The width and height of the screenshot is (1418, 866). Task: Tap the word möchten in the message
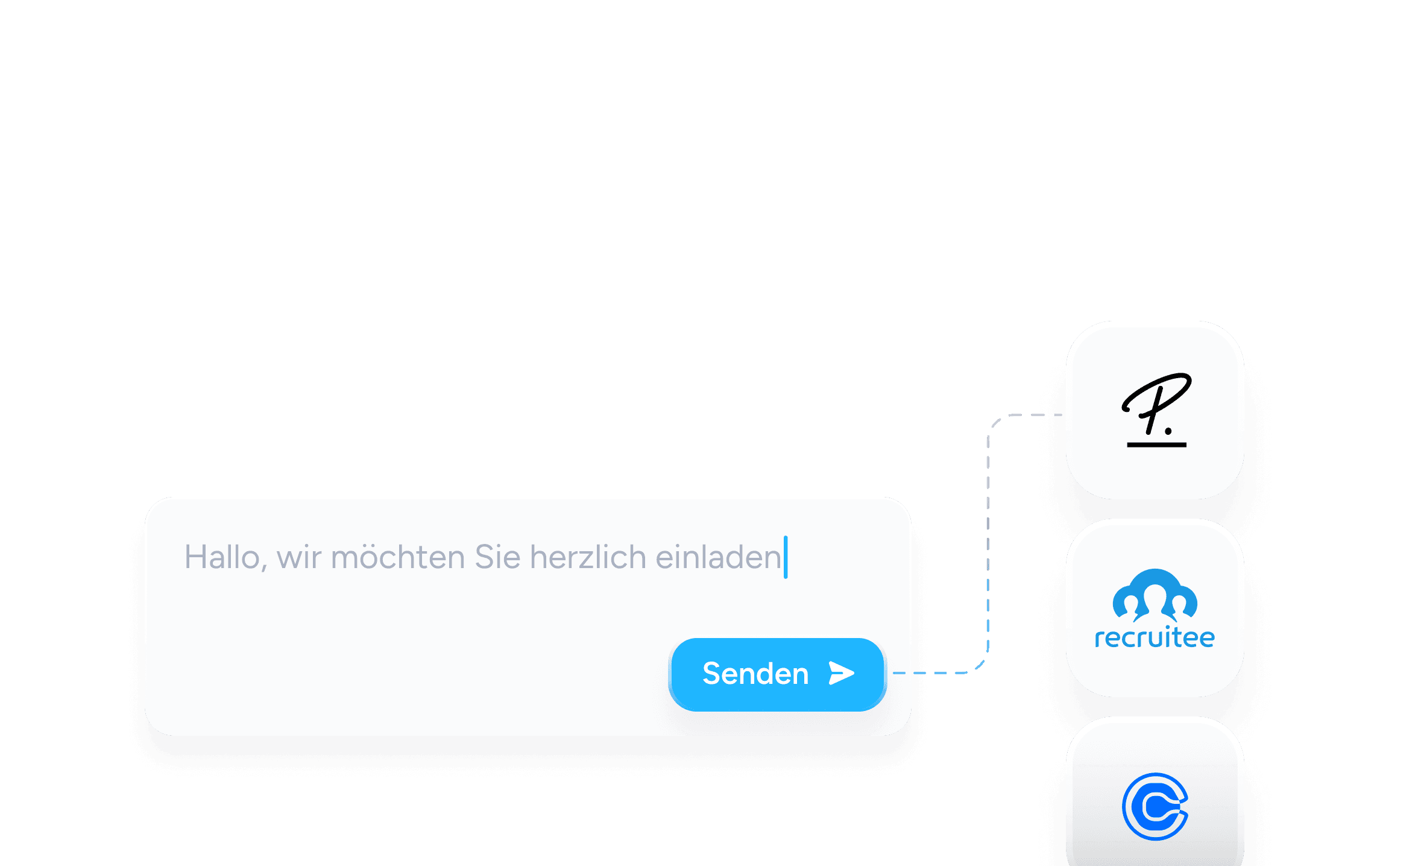[x=398, y=557]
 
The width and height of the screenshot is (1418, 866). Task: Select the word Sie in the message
[x=497, y=557]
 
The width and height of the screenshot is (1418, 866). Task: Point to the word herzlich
[x=588, y=557]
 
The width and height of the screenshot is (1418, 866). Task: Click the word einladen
[x=718, y=557]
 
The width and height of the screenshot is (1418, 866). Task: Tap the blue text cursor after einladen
[x=786, y=557]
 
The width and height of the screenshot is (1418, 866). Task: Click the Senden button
[x=777, y=674]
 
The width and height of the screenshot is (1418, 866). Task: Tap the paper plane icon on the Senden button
[x=842, y=673]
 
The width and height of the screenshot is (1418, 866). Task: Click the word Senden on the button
[x=755, y=674]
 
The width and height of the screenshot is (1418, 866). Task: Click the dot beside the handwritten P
[x=1168, y=431]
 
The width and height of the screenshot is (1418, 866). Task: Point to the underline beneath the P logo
[x=1157, y=445]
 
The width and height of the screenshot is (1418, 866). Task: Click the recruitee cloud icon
[x=1155, y=595]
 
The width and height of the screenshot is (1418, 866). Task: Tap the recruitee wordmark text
[x=1155, y=637]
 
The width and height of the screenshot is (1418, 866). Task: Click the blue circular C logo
[x=1155, y=806]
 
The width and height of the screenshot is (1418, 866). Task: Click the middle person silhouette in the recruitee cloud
[x=1155, y=601]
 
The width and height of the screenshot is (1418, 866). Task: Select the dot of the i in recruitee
[x=1168, y=628]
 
